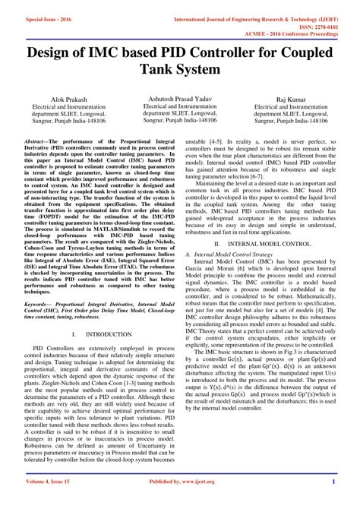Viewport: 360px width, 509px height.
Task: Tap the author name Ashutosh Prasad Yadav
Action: click(180, 99)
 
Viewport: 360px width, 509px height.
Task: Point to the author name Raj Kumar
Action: click(292, 100)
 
